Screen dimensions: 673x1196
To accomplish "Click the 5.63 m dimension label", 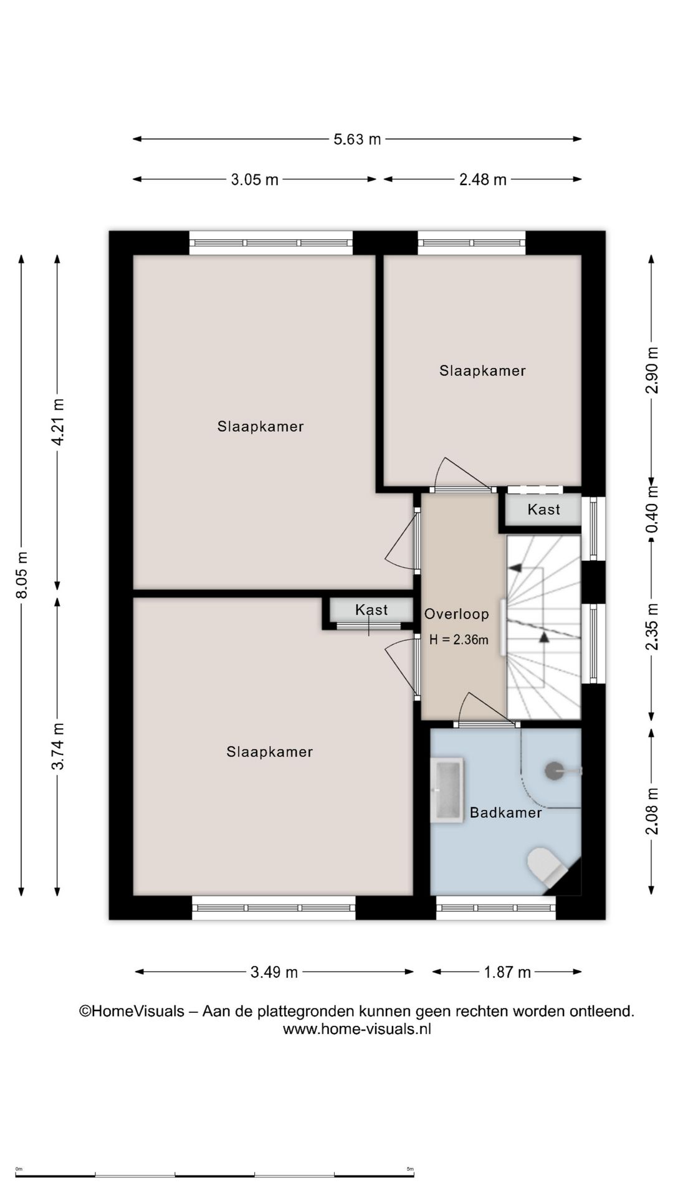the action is (x=357, y=139).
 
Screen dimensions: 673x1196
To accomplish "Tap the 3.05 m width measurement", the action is (x=255, y=179).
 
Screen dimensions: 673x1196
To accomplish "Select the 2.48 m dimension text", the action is (x=483, y=179).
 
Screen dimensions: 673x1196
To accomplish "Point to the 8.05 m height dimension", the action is (x=22, y=575).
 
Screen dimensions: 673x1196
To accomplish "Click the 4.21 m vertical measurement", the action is (x=57, y=422).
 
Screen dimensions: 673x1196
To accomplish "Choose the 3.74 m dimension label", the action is (x=57, y=746).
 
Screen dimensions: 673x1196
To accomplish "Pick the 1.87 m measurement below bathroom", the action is (x=508, y=972).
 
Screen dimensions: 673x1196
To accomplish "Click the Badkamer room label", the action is (x=506, y=812).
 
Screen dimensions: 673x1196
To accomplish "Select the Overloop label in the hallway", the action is (x=457, y=614).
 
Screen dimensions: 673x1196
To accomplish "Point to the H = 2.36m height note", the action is (x=459, y=640).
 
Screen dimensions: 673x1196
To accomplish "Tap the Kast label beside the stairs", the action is (x=544, y=510).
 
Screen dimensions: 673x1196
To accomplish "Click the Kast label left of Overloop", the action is (x=371, y=610).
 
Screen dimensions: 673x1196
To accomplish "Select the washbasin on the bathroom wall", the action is (x=447, y=790).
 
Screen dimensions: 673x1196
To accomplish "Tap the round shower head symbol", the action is (x=554, y=771).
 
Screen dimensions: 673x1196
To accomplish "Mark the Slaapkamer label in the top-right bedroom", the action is (x=483, y=371).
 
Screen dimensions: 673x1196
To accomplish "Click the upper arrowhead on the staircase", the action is (x=515, y=567).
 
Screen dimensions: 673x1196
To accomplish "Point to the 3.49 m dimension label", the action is (x=274, y=972).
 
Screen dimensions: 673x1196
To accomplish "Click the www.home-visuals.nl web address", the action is (x=357, y=1028).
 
